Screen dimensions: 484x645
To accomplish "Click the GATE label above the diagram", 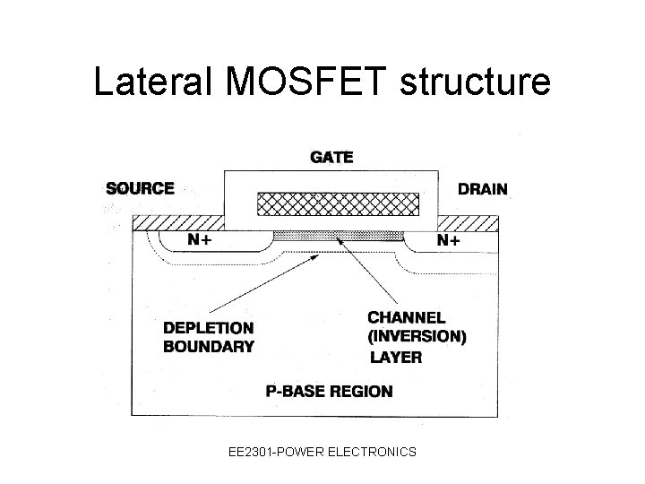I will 331,157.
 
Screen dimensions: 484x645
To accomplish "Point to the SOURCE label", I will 140,188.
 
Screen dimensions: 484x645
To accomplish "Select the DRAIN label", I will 482,189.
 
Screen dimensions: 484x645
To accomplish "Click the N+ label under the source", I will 201,240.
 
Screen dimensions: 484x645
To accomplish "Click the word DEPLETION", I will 208,329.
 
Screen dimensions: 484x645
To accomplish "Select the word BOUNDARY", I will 208,346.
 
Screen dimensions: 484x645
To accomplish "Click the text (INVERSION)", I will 417,337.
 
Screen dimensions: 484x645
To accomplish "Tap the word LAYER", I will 396,358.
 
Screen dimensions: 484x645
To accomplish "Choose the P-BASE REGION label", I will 329,391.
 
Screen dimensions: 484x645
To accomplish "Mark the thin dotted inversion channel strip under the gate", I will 338,235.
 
